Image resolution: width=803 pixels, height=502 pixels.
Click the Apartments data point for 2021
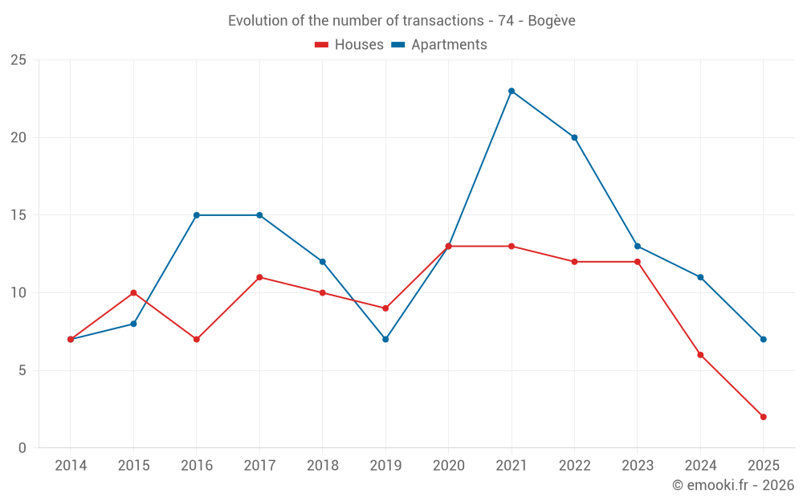(512, 91)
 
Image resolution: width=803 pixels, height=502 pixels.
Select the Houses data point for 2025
(763, 417)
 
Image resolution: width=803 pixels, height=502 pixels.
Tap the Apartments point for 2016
(197, 215)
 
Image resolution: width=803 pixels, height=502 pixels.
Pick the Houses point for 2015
(133, 292)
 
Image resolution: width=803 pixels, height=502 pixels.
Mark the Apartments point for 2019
(385, 339)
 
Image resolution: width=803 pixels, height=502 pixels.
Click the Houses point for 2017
(259, 277)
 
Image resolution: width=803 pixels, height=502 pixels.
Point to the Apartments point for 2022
(574, 137)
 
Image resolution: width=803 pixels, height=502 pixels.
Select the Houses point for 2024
(700, 355)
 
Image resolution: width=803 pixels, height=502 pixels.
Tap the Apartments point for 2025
(763, 339)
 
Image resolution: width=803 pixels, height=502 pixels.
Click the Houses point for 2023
(638, 262)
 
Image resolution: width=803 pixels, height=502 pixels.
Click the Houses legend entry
(349, 45)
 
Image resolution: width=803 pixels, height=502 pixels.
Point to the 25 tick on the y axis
(18, 60)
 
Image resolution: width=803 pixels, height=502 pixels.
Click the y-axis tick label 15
(18, 215)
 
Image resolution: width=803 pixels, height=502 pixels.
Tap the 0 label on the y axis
(22, 448)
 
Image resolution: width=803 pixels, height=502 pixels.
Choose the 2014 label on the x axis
(71, 466)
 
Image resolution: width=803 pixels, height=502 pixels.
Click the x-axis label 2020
(448, 466)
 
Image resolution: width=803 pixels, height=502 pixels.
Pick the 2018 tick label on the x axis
(322, 466)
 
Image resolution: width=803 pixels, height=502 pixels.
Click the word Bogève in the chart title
(552, 21)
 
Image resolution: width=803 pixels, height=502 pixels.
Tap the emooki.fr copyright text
(732, 485)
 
